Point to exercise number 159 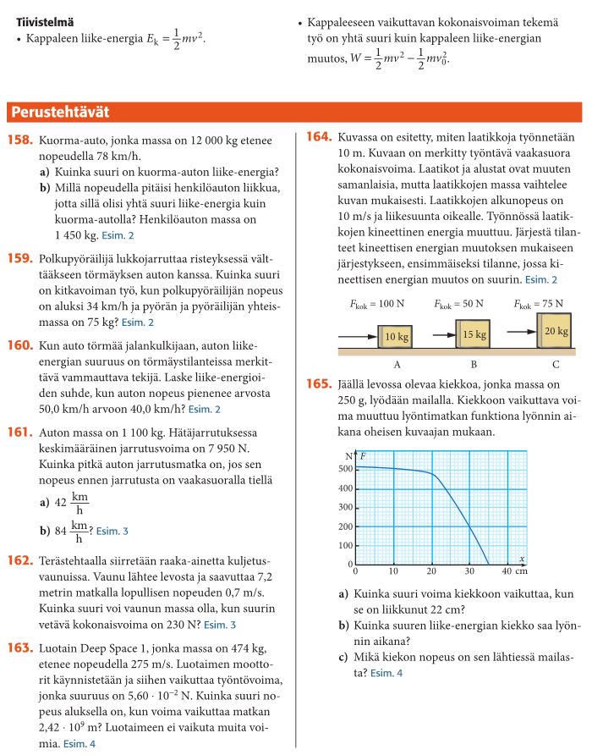19,258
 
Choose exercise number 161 19,433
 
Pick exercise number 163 19,648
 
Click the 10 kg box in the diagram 397,337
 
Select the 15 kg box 474,334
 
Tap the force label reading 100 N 374,303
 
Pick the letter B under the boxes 474,365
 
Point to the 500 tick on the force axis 345,469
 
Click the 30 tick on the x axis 469,571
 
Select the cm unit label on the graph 522,571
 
